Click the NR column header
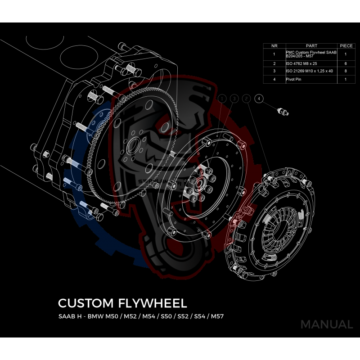[x=274, y=46]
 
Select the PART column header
[x=311, y=46]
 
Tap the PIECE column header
[x=346, y=46]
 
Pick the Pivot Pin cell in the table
[x=293, y=79]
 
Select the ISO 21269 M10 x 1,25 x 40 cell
[x=309, y=71]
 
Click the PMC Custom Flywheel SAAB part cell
[x=310, y=54]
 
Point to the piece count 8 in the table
[x=346, y=71]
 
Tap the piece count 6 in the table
[x=346, y=63]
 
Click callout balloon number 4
[x=258, y=98]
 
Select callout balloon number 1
[x=222, y=98]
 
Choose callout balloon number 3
[x=234, y=98]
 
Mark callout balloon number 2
[x=246, y=98]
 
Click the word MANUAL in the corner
[x=326, y=324]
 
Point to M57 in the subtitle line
[x=216, y=316]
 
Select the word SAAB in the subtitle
[x=68, y=316]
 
